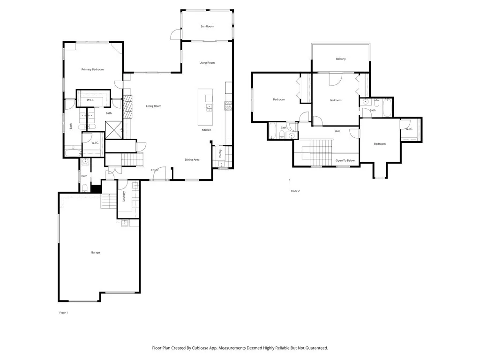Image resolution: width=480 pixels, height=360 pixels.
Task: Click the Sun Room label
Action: (x=207, y=26)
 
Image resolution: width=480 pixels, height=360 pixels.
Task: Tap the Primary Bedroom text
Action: (x=92, y=69)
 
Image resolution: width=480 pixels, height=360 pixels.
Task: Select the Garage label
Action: (x=95, y=253)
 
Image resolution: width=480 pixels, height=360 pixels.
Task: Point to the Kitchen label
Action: (x=206, y=130)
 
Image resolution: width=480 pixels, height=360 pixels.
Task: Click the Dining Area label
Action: (x=192, y=160)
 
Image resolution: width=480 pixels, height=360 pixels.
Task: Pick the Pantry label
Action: (x=220, y=153)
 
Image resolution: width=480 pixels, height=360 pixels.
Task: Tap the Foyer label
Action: (x=154, y=170)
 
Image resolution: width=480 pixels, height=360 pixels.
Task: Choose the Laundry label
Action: (x=124, y=196)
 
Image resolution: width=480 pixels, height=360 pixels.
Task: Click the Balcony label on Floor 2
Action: (x=341, y=59)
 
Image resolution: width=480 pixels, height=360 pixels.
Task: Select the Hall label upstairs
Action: (x=337, y=131)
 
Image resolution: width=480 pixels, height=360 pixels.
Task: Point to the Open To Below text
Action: (x=345, y=160)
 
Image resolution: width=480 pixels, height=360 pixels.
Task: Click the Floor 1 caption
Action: (x=63, y=313)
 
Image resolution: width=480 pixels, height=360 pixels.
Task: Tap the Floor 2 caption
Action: (x=295, y=191)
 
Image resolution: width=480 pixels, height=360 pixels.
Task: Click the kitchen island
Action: (x=205, y=106)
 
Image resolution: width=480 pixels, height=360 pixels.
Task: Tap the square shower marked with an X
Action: (x=113, y=129)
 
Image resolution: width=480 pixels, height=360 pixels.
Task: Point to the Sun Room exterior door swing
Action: (x=175, y=34)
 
